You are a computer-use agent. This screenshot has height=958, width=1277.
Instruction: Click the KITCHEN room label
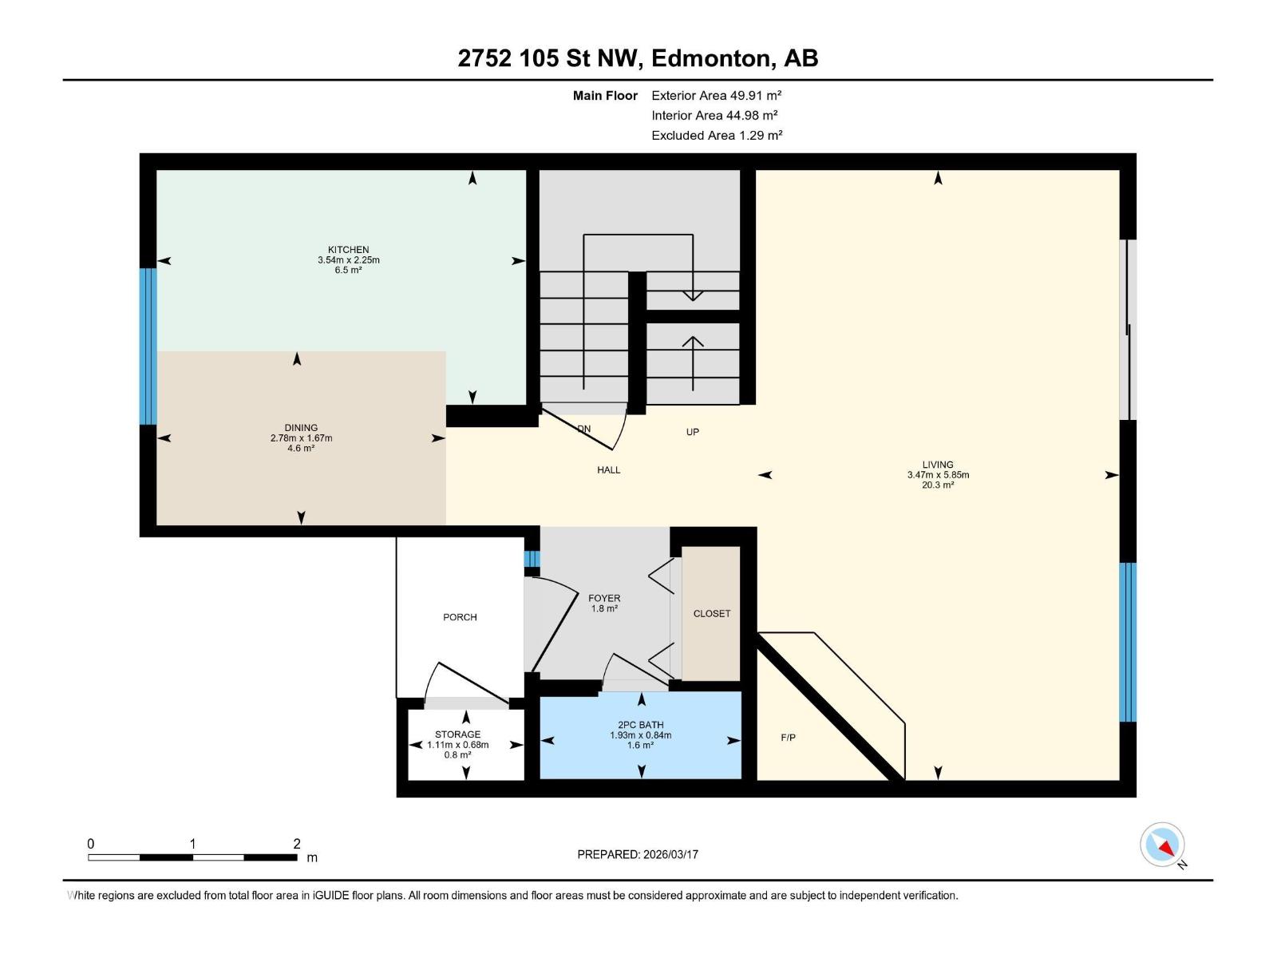(x=348, y=250)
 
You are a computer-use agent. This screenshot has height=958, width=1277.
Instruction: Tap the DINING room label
(x=301, y=428)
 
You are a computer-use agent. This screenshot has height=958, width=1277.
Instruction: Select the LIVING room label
(x=938, y=465)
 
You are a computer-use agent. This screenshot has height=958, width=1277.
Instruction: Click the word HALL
(x=608, y=470)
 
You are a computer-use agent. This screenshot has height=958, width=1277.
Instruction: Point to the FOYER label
(x=604, y=598)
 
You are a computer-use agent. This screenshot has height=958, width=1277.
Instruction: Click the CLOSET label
(x=711, y=614)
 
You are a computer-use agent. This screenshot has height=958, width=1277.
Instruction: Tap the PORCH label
(x=460, y=617)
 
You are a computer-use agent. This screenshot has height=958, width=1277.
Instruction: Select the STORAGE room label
(x=457, y=734)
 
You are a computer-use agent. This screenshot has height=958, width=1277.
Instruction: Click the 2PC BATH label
(x=640, y=725)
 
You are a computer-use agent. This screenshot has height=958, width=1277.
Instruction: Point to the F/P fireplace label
(x=788, y=738)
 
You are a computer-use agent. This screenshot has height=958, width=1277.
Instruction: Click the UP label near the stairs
(x=692, y=432)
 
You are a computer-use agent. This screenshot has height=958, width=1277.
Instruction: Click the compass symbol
(x=1162, y=845)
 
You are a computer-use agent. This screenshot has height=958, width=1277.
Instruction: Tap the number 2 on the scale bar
(x=297, y=844)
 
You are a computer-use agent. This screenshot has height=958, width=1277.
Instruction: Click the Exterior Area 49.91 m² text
(x=716, y=95)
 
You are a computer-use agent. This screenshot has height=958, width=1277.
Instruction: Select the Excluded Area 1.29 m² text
(x=716, y=135)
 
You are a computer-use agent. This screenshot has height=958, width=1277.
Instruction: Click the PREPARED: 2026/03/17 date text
(x=638, y=854)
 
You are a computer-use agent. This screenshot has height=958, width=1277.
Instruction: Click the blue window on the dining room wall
(x=148, y=346)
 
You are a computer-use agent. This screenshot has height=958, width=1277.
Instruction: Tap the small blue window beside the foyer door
(x=532, y=559)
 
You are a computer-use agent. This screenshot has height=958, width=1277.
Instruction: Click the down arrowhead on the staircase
(x=693, y=296)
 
